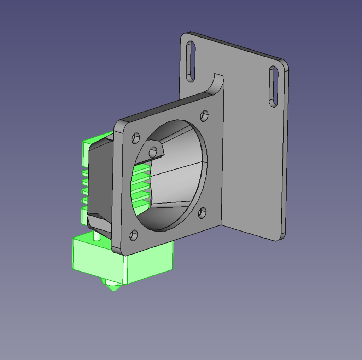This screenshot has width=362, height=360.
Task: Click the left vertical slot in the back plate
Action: [x=190, y=62]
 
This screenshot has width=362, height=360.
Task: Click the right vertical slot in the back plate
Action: [x=274, y=86]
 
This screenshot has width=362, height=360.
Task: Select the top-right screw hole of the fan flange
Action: [x=204, y=115]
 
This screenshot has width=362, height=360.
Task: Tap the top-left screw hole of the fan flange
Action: [x=135, y=138]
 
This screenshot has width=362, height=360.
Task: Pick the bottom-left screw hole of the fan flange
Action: [x=133, y=235]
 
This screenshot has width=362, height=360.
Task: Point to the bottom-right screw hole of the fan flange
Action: [x=202, y=213]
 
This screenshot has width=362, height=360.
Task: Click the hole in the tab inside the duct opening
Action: [x=153, y=153]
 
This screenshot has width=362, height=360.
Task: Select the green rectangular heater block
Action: [x=148, y=262]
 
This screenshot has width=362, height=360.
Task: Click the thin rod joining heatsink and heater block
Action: [x=96, y=235]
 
